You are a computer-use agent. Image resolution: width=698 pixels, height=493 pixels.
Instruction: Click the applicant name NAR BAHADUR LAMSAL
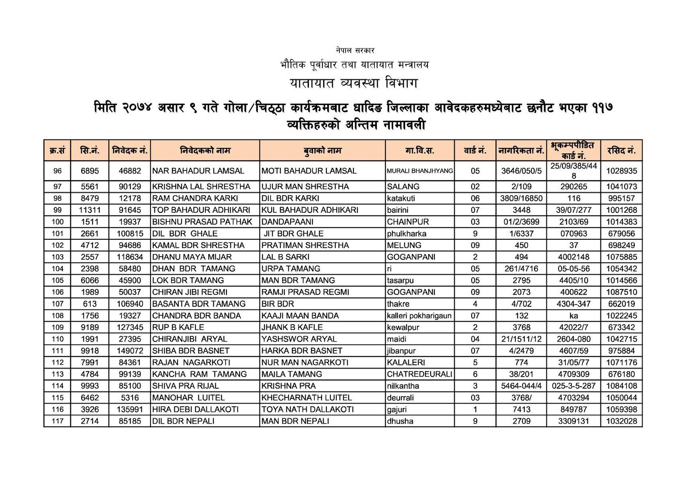pyautogui.click(x=198, y=171)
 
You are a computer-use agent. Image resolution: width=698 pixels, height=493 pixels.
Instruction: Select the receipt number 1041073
pyautogui.click(x=621, y=187)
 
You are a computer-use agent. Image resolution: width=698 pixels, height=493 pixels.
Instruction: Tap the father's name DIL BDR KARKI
pyautogui.click(x=290, y=198)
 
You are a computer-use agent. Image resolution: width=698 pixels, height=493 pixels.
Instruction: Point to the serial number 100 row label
pyautogui.click(x=58, y=222)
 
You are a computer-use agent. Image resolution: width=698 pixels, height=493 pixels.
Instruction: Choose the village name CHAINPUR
pyautogui.click(x=408, y=222)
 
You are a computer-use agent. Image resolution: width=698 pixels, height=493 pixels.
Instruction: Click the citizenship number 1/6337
pyautogui.click(x=521, y=234)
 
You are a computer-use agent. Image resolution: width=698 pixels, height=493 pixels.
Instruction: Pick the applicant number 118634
pyautogui.click(x=130, y=257)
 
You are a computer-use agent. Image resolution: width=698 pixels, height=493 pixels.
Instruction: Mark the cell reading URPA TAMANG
pyautogui.click(x=291, y=269)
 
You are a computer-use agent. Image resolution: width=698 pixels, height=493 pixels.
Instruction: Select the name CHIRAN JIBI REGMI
pyautogui.click(x=190, y=292)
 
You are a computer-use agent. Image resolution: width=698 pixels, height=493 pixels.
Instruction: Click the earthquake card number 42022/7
pyautogui.click(x=573, y=327)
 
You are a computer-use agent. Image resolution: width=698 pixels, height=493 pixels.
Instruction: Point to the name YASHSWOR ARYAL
pyautogui.click(x=299, y=339)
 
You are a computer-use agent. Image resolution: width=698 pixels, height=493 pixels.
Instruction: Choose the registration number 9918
pyautogui.click(x=90, y=351)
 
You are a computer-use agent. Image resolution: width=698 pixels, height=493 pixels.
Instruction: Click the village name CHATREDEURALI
pyautogui.click(x=419, y=374)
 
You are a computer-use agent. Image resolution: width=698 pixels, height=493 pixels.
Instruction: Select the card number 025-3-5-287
pyautogui.click(x=573, y=386)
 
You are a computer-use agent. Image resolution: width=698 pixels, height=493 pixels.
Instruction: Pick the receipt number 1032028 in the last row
pyautogui.click(x=621, y=421)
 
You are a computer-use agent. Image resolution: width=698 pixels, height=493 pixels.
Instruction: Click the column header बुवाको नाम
pyautogui.click(x=322, y=151)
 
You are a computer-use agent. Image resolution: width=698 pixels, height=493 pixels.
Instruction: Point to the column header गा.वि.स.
pyautogui.click(x=419, y=151)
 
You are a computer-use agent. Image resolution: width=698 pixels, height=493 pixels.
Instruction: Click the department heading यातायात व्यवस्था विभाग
pyautogui.click(x=354, y=83)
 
